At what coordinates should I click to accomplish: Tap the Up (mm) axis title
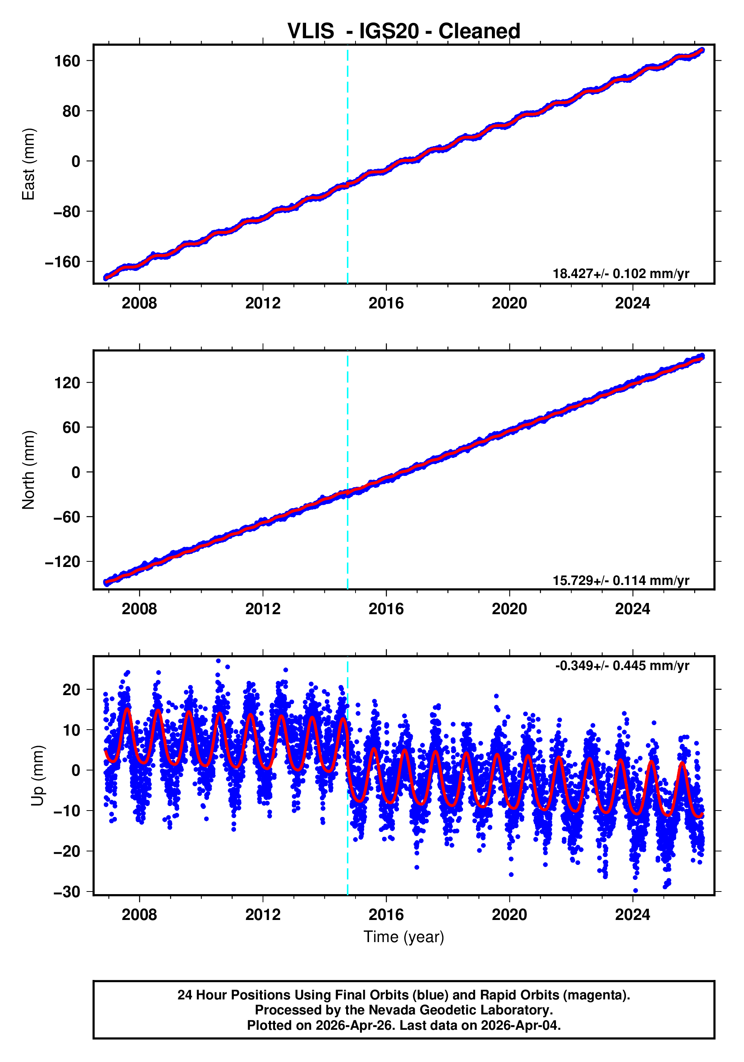coord(38,776)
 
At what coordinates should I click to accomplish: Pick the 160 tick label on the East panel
coord(67,61)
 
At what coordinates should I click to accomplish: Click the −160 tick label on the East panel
coord(63,262)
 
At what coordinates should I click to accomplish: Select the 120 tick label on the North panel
coord(67,383)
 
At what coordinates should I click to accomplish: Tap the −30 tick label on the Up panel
coord(67,892)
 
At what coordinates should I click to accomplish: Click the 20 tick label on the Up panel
coord(71,690)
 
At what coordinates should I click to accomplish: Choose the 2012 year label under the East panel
coord(263,304)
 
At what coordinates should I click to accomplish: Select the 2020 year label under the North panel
coord(509,609)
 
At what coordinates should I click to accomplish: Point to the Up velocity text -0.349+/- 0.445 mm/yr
coord(622,666)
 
